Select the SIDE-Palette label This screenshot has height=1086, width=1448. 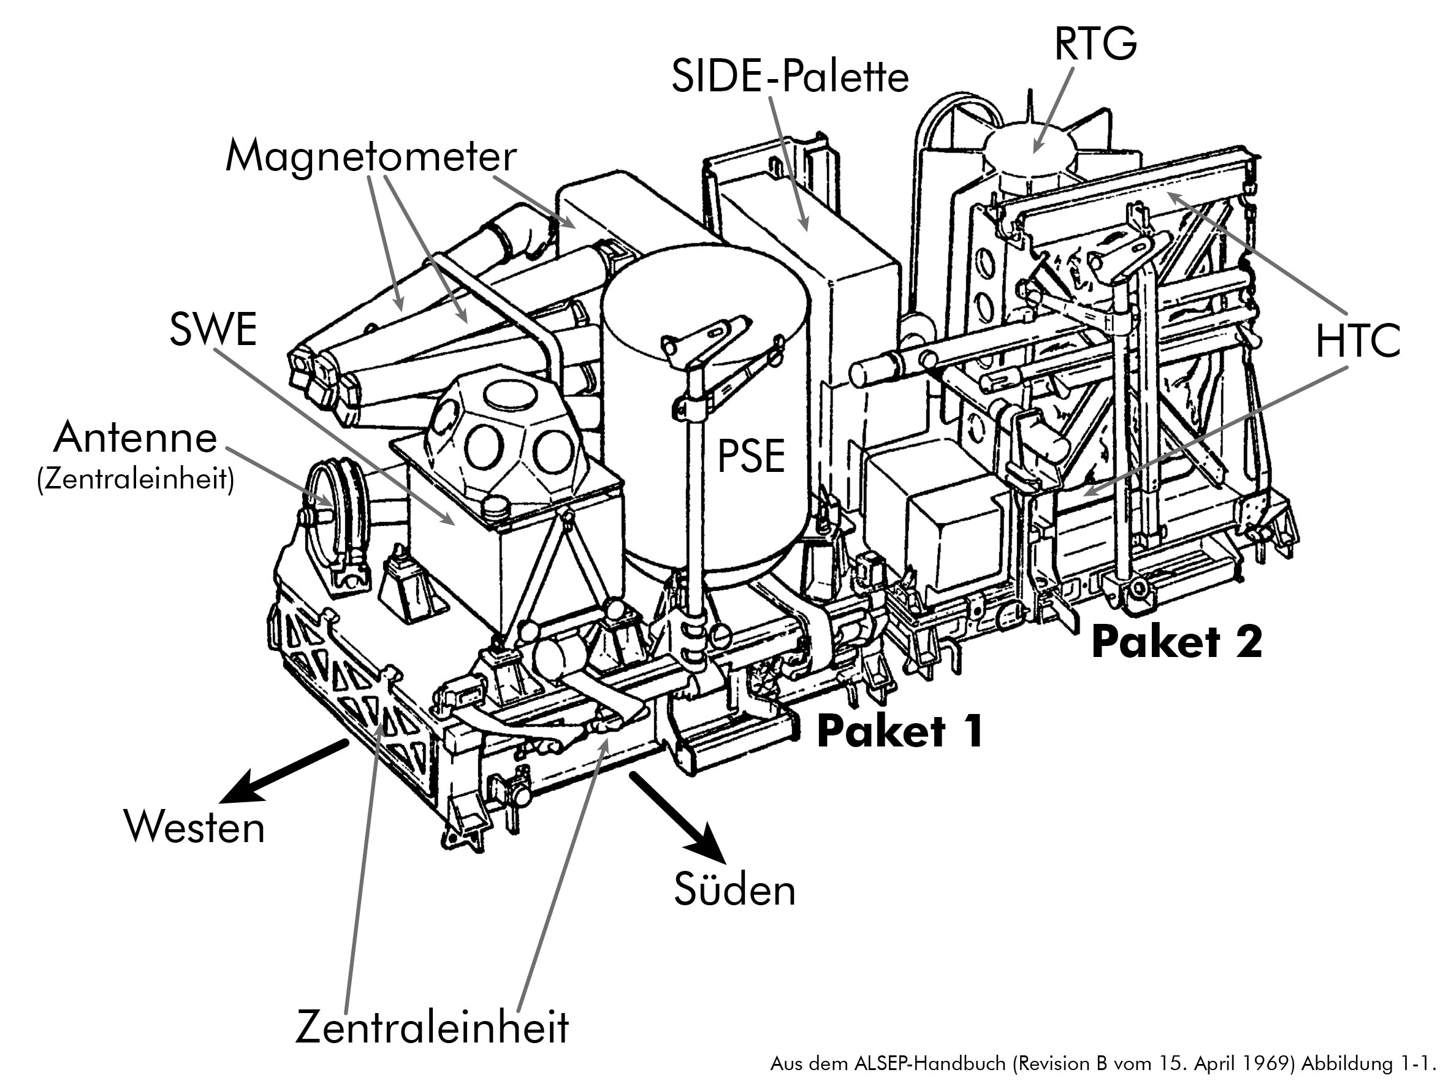[790, 77]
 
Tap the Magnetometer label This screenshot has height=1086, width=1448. [370, 157]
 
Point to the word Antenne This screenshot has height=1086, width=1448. [135, 438]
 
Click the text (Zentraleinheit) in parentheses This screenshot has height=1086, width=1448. [135, 480]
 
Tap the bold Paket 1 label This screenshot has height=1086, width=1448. [900, 731]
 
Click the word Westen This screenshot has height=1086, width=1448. [194, 827]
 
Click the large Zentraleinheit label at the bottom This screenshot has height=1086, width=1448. [432, 1027]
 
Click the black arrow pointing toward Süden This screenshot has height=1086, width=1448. [678, 817]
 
